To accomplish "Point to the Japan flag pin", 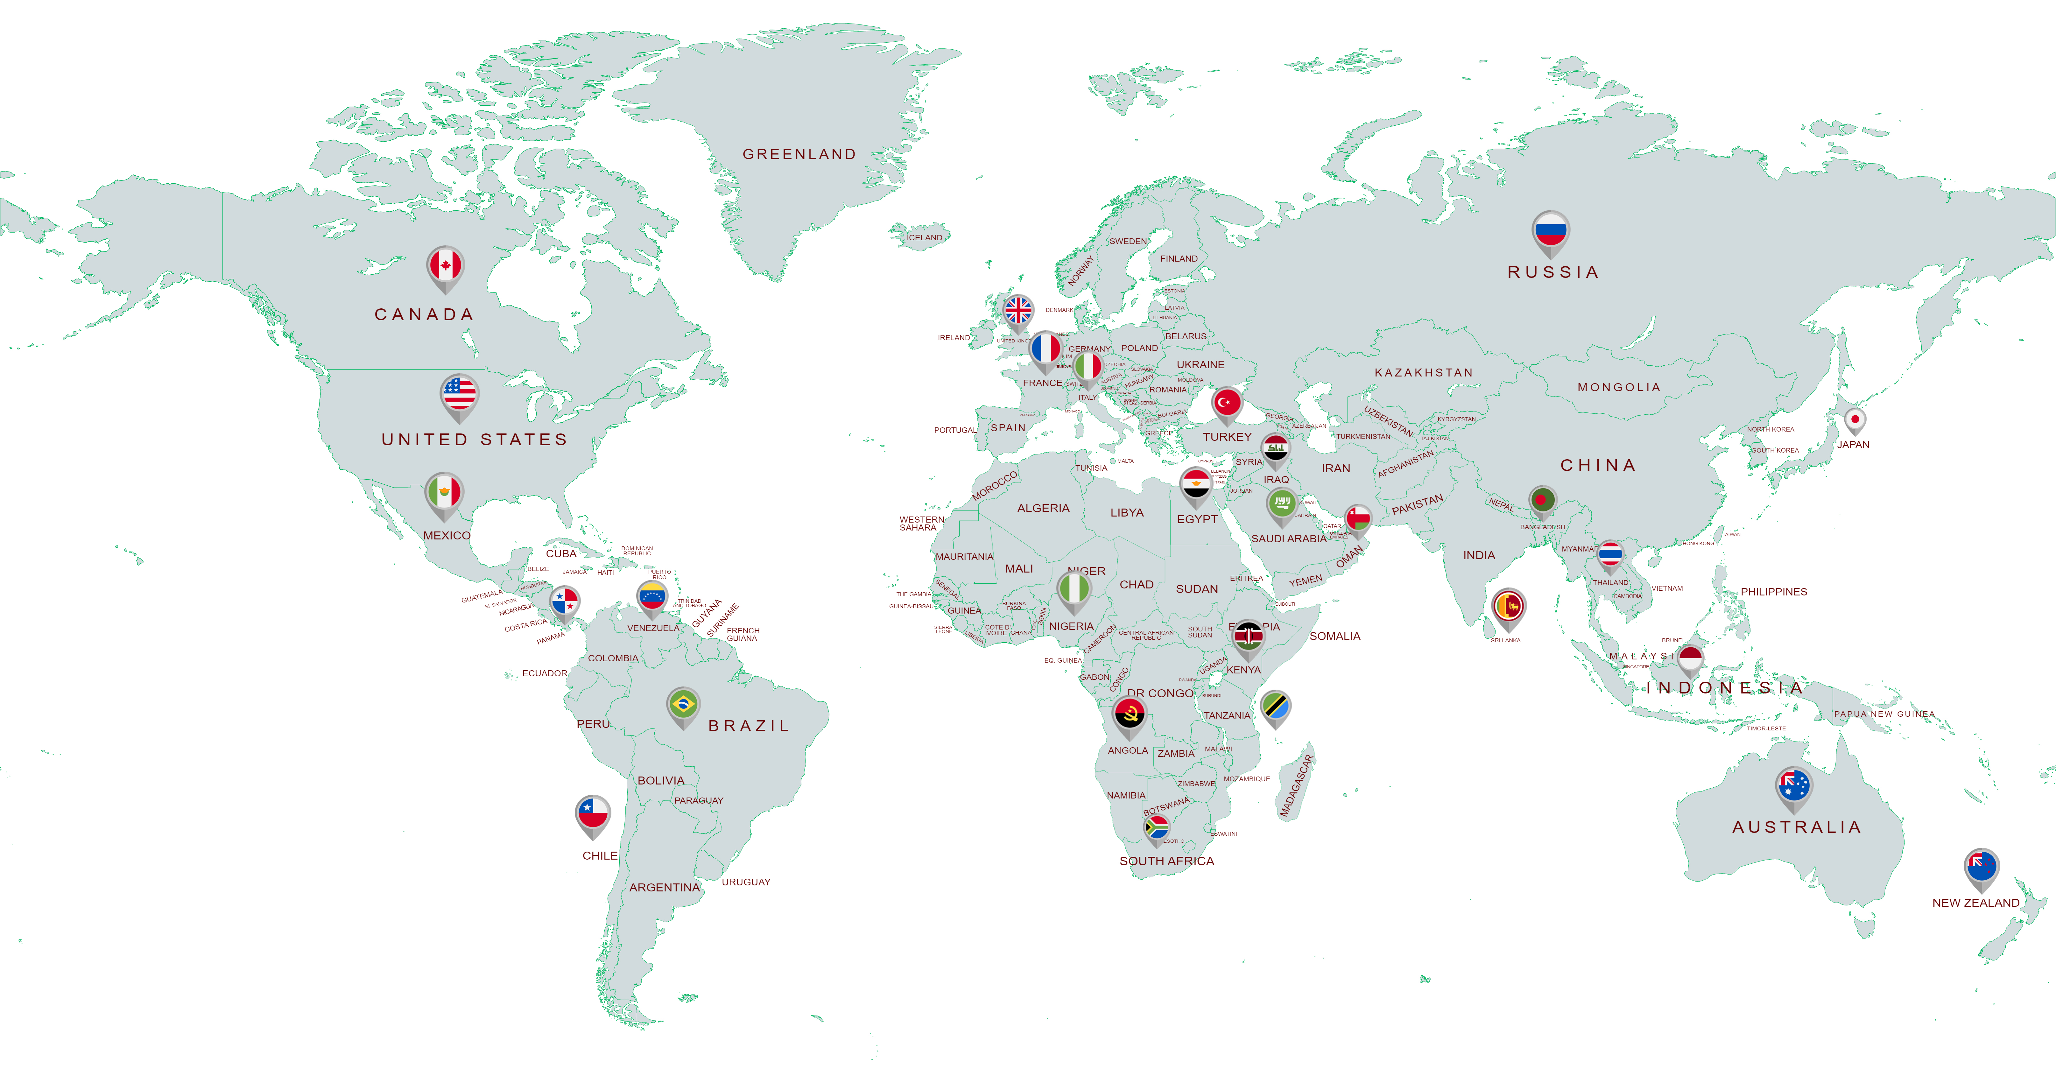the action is (1855, 420).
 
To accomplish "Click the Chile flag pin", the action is (593, 814).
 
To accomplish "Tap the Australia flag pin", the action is (1793, 786).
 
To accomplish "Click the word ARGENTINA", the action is (664, 888).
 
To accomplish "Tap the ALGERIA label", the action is (1043, 508).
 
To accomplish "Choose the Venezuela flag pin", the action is (652, 597).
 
